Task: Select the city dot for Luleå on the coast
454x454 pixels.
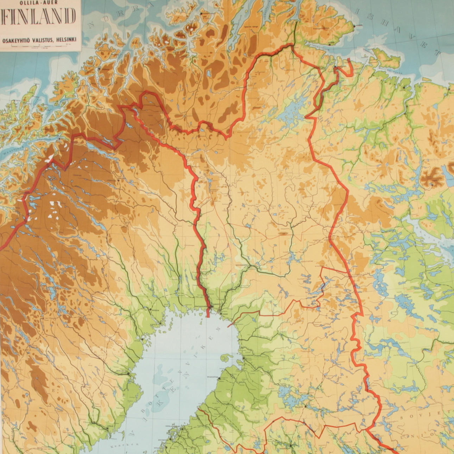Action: click(x=160, y=323)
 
